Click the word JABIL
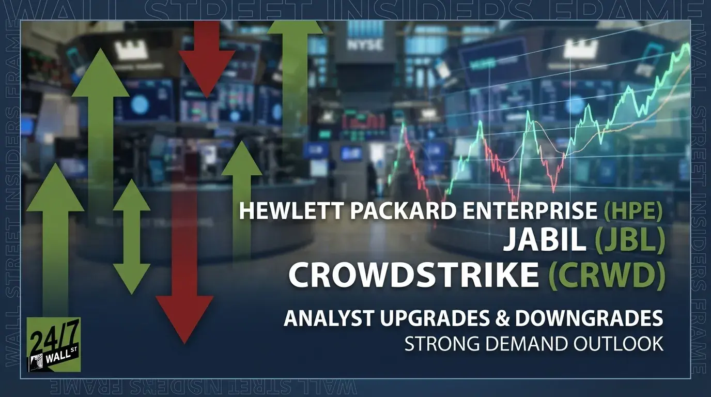[545, 242]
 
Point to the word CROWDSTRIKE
[413, 275]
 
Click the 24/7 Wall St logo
[53, 345]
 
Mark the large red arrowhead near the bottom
[184, 318]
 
